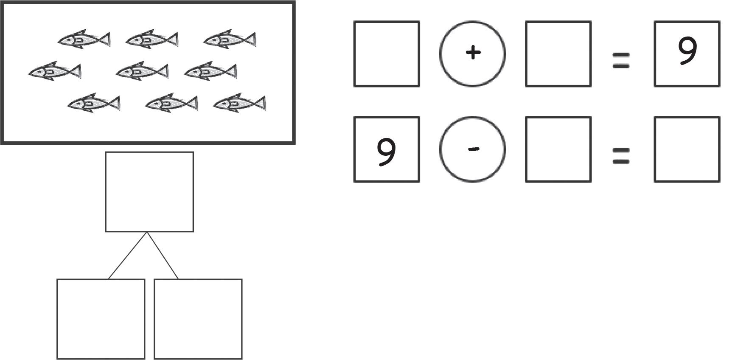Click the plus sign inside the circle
[473, 53]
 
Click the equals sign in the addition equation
[621, 60]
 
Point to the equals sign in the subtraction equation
[621, 156]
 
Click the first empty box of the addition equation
[387, 54]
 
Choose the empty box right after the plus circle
[558, 54]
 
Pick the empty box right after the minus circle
[558, 149]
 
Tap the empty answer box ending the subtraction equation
[687, 149]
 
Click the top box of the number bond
[149, 192]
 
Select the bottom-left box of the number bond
[101, 319]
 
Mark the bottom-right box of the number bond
[198, 319]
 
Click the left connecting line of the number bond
[127, 256]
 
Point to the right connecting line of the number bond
[163, 256]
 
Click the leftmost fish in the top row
[84, 39]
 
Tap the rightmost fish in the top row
[230, 39]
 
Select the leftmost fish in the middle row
[55, 71]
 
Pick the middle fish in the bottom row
[171, 103]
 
